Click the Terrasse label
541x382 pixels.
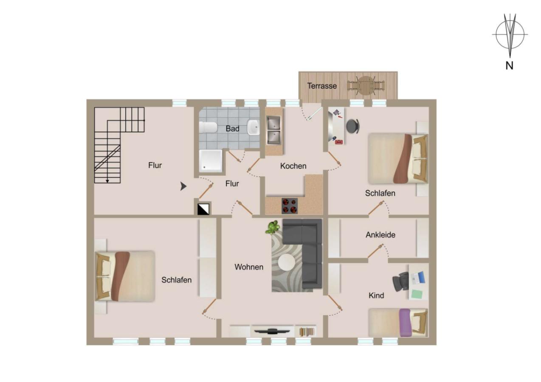coord(322,86)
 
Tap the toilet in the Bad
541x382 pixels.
coord(208,127)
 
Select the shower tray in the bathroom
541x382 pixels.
coord(211,160)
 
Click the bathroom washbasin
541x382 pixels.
coord(254,127)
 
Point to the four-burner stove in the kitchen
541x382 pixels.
coord(290,206)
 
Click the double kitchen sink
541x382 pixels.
coord(274,130)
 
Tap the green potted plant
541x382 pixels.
coord(272,227)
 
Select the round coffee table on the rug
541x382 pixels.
coord(287,263)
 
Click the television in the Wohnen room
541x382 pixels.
coord(272,331)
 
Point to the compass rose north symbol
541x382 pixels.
coord(510,35)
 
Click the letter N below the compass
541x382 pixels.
coord(510,66)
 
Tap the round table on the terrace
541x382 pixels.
coord(365,85)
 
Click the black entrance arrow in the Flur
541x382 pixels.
coord(183,186)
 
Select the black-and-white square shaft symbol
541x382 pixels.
coord(204,208)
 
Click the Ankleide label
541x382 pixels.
coord(380,234)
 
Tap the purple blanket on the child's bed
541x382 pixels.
coord(405,322)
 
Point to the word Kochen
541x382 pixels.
coord(293,166)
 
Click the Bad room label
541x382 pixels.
coord(232,128)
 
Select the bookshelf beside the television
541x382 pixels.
coord(306,331)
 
